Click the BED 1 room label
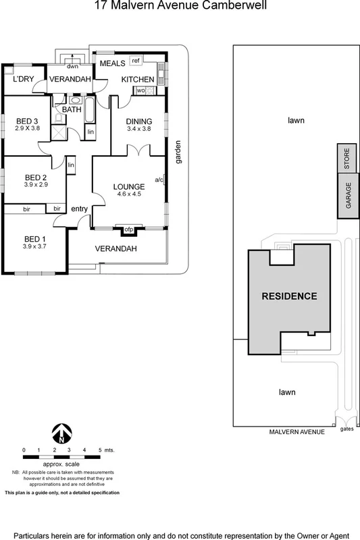(x=32, y=239)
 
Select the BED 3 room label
(x=26, y=122)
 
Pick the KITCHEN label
(x=138, y=80)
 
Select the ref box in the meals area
(x=135, y=61)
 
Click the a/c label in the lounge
(x=159, y=180)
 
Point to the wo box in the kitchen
(x=140, y=90)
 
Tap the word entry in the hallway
(x=80, y=209)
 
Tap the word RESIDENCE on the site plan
(x=288, y=296)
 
